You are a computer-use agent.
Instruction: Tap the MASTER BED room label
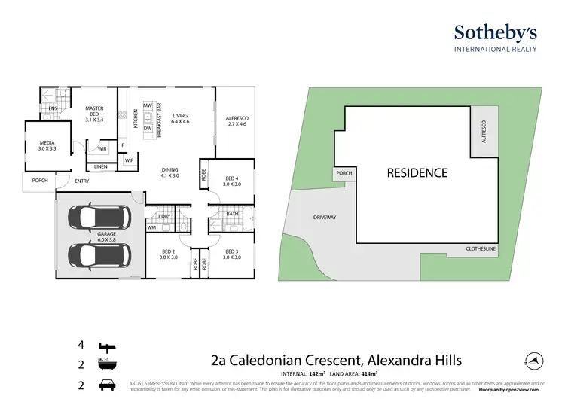tap(93, 114)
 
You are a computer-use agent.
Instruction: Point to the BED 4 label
tap(233, 181)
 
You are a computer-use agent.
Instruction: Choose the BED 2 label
tap(168, 254)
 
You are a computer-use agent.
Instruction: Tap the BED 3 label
tap(231, 254)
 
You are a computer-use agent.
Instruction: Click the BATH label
tap(234, 214)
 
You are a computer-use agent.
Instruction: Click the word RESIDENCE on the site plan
tap(417, 173)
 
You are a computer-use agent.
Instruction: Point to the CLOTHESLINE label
tap(483, 248)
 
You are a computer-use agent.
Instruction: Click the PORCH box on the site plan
tap(344, 174)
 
